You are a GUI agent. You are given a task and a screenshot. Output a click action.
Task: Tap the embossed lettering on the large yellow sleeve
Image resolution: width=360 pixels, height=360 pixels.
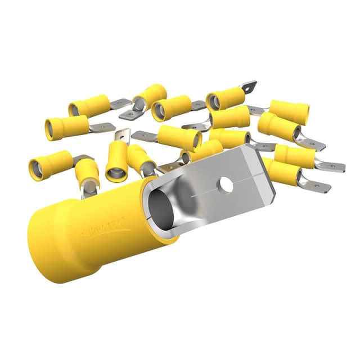click(x=105, y=226)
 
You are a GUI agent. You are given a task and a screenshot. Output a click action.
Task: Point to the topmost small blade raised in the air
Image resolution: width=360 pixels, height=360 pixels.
click(x=248, y=87)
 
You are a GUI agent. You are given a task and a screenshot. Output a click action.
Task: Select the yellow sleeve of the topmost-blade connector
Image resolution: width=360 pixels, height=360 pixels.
click(x=225, y=99)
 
